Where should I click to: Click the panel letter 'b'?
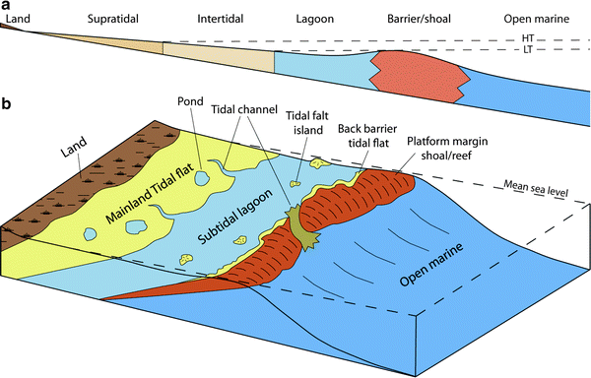6,101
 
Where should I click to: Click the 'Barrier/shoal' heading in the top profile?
417,18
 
